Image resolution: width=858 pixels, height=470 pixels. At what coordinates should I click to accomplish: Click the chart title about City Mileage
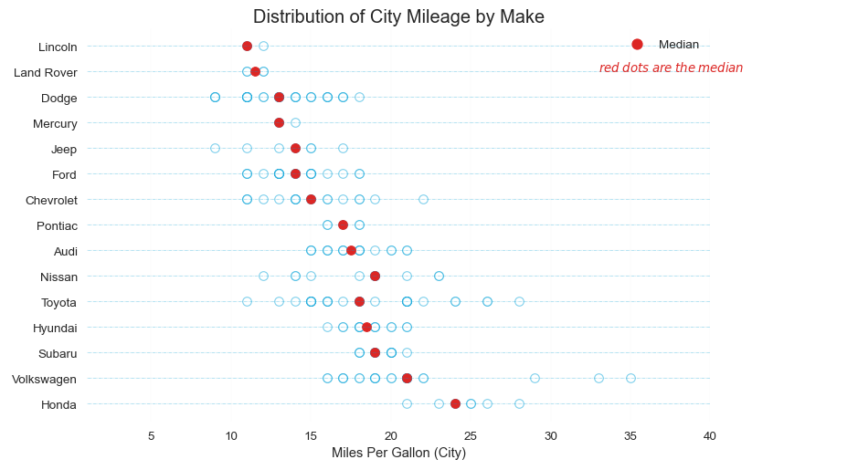tap(398, 16)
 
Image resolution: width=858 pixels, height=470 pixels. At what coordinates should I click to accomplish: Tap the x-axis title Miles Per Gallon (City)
tap(398, 453)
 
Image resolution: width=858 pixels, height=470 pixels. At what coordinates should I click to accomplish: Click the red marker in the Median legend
tap(637, 45)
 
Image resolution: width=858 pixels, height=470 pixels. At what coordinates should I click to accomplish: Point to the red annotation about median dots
tap(671, 68)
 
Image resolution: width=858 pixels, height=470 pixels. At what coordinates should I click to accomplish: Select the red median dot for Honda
tap(455, 403)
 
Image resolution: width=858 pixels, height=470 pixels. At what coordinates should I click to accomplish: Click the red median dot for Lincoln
tap(247, 46)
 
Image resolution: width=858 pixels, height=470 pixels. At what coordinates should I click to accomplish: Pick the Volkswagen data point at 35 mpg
tap(630, 378)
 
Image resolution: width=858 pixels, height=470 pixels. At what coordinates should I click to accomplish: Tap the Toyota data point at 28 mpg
tap(519, 301)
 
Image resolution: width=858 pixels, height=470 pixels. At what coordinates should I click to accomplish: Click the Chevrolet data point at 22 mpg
tap(423, 199)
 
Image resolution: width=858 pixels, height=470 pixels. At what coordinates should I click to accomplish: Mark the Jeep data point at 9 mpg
tap(215, 148)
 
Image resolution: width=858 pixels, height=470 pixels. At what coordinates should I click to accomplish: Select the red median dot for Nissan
tap(375, 276)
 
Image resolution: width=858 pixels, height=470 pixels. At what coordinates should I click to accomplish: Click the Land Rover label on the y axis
tap(46, 72)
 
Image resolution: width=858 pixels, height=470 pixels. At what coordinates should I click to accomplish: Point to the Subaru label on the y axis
tap(58, 353)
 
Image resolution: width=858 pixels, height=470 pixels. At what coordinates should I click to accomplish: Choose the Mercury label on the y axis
tap(55, 123)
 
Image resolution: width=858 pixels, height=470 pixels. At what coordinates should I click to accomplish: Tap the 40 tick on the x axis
tap(710, 436)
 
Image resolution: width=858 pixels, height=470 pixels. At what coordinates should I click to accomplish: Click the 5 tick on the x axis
tap(151, 436)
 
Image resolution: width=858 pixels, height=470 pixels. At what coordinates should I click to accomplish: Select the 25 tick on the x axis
tap(471, 436)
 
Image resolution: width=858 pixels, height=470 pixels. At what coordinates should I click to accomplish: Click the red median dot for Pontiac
tap(343, 225)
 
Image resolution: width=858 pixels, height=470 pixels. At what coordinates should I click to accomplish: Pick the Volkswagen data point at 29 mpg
tap(535, 378)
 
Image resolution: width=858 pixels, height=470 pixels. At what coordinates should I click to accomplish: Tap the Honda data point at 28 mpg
tap(519, 403)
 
